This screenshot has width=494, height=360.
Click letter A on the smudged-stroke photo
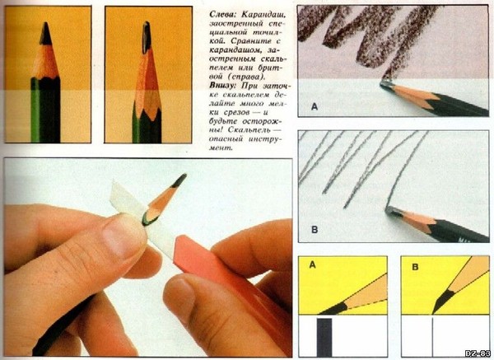[x=315, y=107]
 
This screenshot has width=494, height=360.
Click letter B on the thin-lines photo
[x=315, y=230]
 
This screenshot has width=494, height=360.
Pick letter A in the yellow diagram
[x=312, y=264]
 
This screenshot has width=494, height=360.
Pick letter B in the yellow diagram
[x=415, y=267]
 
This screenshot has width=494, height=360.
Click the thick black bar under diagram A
[x=324, y=337]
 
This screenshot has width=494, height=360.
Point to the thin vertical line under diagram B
[x=432, y=337]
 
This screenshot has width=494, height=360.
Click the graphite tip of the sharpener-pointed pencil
[x=46, y=35]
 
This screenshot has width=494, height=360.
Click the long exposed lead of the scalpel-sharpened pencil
[x=147, y=37]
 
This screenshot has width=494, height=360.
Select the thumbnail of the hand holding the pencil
[x=123, y=232]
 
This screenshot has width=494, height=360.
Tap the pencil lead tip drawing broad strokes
[x=387, y=85]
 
